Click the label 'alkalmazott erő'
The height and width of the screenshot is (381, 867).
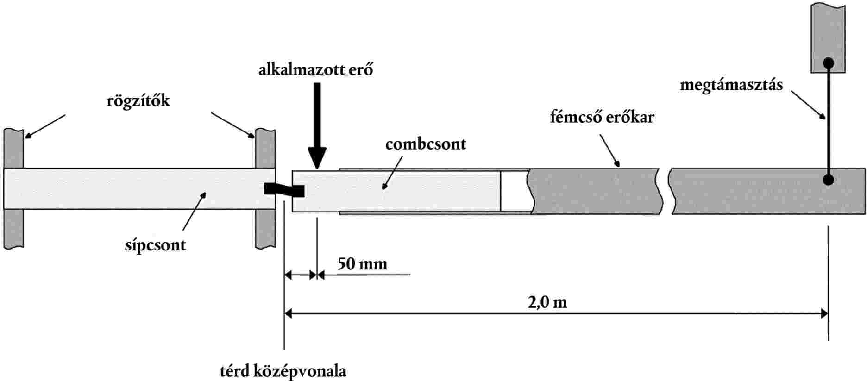(x=316, y=70)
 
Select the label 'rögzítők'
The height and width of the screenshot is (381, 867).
(x=138, y=101)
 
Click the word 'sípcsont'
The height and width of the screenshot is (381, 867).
(x=155, y=244)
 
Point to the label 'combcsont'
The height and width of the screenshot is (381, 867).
(x=426, y=144)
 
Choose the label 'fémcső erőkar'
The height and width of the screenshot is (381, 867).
(x=602, y=117)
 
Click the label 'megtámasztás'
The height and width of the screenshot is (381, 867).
(x=731, y=85)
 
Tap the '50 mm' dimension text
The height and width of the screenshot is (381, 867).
(x=362, y=264)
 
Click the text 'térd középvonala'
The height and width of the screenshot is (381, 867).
(x=283, y=371)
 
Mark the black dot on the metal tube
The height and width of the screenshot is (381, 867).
(x=829, y=180)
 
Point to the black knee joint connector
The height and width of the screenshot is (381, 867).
(x=284, y=189)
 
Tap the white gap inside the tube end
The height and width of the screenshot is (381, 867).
(x=515, y=191)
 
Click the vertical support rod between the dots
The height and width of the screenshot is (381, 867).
(x=829, y=120)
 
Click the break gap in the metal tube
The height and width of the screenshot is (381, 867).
(x=666, y=191)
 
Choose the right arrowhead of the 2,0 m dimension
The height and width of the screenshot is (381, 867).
(x=824, y=314)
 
